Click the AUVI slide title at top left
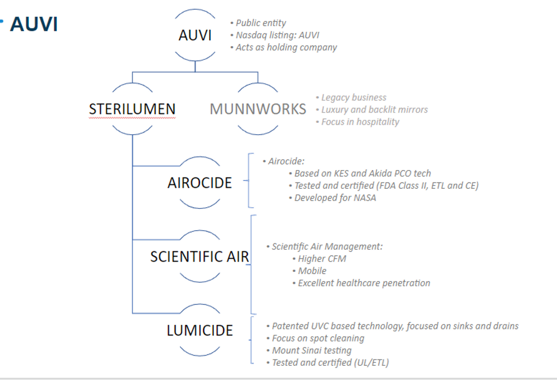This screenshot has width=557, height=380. (x=34, y=24)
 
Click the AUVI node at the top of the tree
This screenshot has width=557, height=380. (x=195, y=35)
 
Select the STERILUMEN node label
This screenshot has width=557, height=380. (x=132, y=109)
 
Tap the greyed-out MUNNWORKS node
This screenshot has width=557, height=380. (x=257, y=109)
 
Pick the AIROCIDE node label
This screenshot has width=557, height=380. (x=199, y=183)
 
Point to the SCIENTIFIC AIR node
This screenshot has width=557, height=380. (x=199, y=257)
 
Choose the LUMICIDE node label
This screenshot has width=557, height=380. (x=199, y=331)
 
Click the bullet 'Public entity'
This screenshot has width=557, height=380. (x=261, y=23)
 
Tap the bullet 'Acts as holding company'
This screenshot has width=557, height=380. (x=286, y=47)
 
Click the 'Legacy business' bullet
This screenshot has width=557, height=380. (x=354, y=98)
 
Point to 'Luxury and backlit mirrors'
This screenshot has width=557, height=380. (x=375, y=110)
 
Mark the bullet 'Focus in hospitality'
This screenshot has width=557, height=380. (x=360, y=122)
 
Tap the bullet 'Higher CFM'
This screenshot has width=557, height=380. (x=322, y=259)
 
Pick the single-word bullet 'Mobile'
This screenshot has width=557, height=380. (x=312, y=271)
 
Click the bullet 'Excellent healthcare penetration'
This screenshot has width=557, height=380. (x=364, y=283)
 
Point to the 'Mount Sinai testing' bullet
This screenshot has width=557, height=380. (x=311, y=350)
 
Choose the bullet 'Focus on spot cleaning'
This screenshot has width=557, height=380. (x=318, y=338)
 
